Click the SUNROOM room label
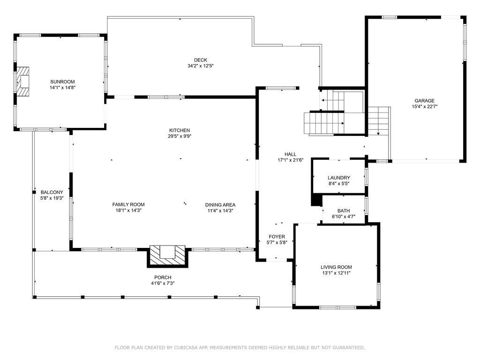click(62, 82)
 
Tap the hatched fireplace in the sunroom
click(22, 82)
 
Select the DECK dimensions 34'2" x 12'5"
click(201, 66)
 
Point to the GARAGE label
click(424, 101)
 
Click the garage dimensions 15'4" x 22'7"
click(424, 106)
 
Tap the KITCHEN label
click(180, 130)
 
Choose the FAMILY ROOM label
click(128, 204)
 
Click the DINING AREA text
click(220, 205)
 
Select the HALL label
click(290, 154)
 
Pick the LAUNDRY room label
click(338, 178)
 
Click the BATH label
click(344, 211)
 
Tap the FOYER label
click(277, 237)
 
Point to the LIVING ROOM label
click(336, 267)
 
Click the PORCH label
click(163, 277)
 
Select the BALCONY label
click(52, 192)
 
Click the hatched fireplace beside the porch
click(168, 256)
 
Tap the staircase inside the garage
click(379, 121)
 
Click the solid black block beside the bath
click(317, 200)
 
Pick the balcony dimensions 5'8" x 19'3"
click(52, 198)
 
